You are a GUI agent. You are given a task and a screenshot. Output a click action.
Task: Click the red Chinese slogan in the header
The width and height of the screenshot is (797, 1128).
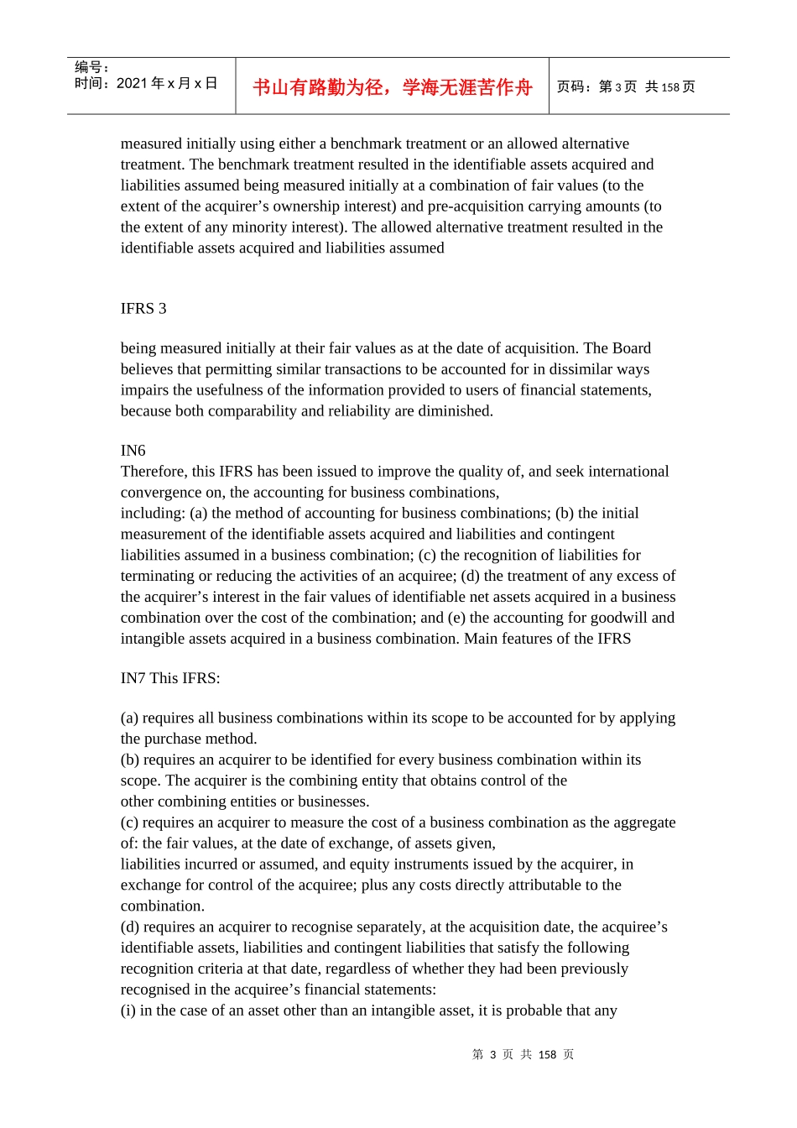click(x=392, y=87)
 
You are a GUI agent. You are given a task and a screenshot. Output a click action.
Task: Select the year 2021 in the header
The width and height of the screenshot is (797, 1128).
click(x=132, y=83)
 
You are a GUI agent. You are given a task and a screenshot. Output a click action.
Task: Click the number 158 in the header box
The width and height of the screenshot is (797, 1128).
click(x=669, y=87)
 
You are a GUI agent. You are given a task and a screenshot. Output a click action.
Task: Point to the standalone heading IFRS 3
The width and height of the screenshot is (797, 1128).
click(x=143, y=308)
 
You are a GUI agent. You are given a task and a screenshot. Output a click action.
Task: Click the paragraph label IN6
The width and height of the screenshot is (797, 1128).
click(x=133, y=450)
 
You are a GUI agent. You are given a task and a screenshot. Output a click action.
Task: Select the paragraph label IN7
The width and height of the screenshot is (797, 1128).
click(x=133, y=678)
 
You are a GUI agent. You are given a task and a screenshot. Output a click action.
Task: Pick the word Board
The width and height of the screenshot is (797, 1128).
click(x=632, y=347)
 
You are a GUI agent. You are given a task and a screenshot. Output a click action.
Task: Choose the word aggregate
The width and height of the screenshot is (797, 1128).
click(x=643, y=822)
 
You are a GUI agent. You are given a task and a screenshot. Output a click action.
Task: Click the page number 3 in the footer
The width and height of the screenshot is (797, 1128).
click(x=493, y=1055)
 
